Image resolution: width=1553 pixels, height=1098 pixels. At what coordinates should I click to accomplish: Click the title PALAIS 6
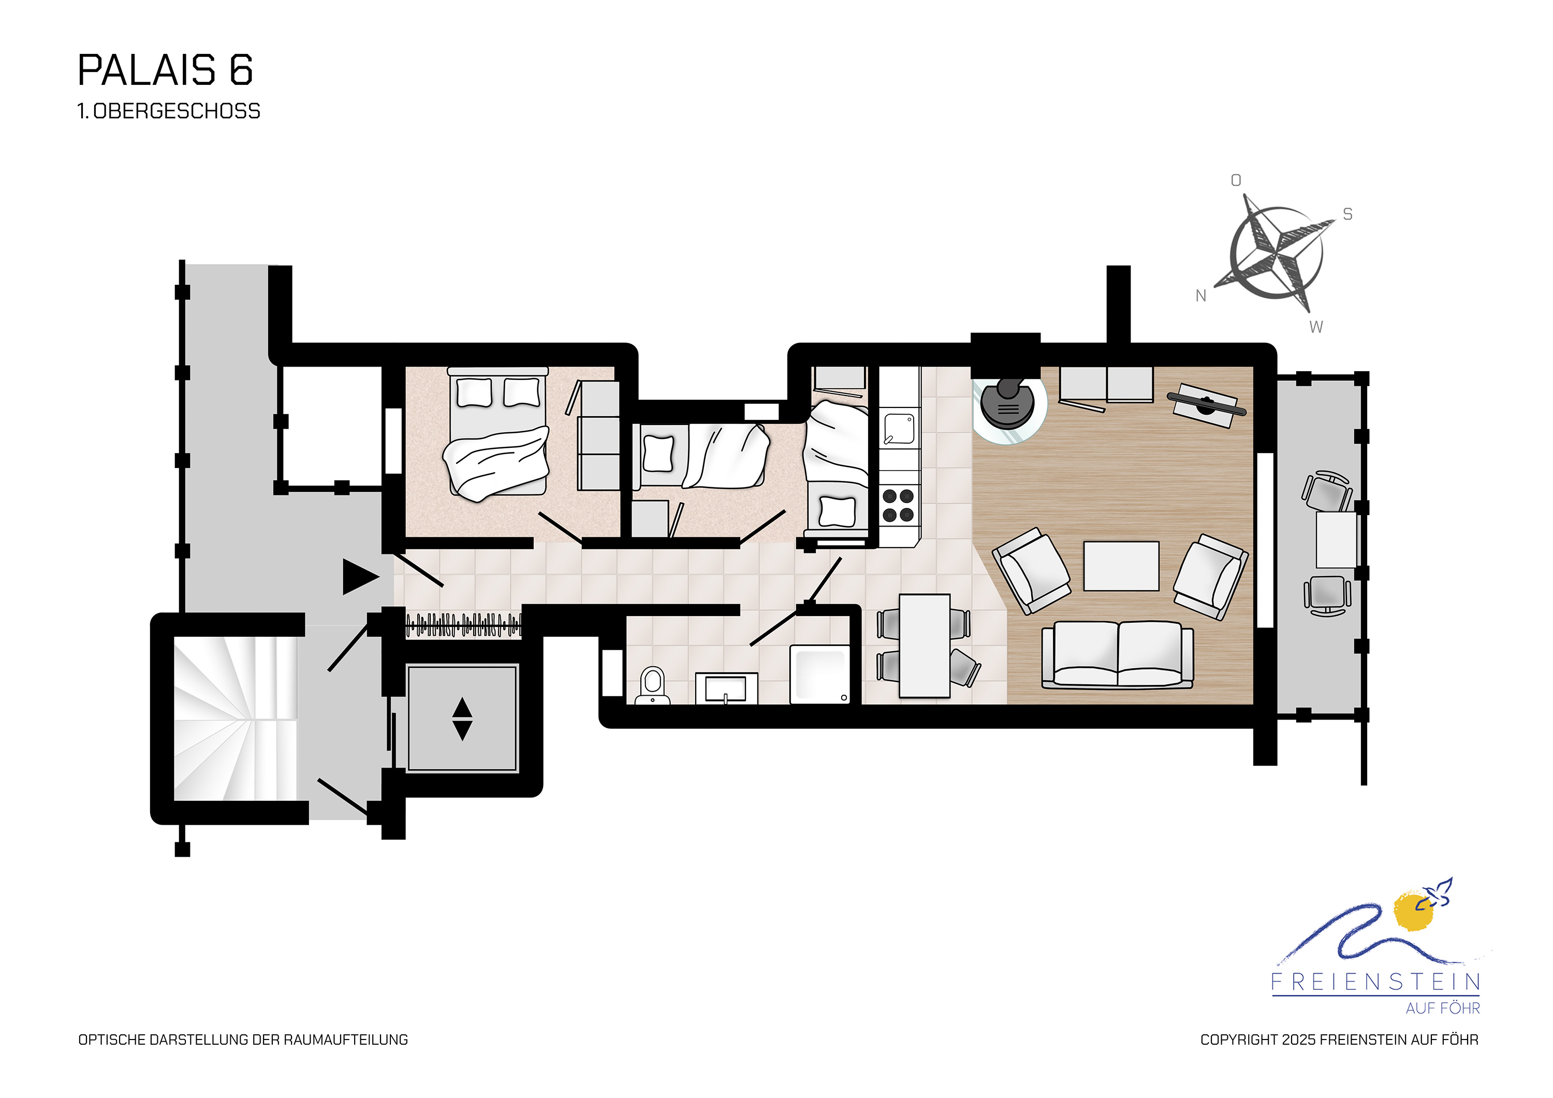click(166, 70)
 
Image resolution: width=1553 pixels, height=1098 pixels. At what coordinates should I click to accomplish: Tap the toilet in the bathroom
click(653, 685)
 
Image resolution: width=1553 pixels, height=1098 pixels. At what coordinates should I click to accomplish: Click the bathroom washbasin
click(726, 689)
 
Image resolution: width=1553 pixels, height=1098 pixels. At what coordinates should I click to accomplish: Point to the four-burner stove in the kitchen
click(899, 505)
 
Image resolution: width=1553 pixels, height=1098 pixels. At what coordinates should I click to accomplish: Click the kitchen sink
click(899, 429)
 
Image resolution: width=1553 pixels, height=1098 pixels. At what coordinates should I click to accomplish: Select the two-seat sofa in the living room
click(1118, 655)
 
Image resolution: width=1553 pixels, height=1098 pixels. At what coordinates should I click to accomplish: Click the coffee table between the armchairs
click(1121, 566)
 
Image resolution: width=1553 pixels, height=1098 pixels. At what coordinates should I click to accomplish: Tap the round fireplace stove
click(1008, 404)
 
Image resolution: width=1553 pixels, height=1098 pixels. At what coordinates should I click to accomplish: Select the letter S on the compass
click(1347, 214)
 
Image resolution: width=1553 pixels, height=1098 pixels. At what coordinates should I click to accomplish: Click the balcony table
click(1336, 540)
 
